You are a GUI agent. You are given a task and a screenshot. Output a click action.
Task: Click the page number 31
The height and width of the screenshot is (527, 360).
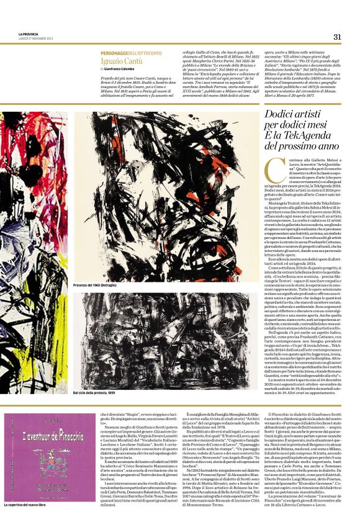click(x=337, y=36)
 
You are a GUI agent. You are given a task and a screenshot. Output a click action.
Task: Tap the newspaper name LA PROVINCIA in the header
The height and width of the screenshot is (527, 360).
click(x=29, y=34)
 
